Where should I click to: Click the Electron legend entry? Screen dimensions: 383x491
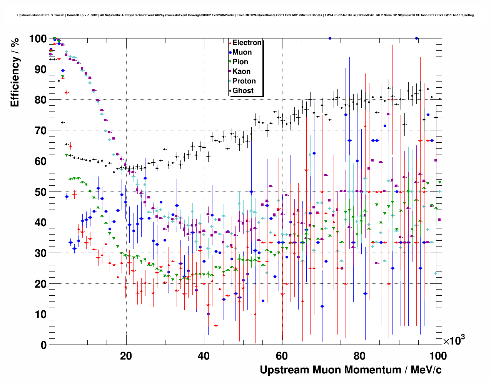point(247,43)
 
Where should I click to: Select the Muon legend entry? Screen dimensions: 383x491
point(242,52)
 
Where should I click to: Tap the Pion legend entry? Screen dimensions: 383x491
point(240,62)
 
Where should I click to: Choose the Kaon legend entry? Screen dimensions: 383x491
point(241,72)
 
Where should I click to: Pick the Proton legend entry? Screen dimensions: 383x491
point(244,81)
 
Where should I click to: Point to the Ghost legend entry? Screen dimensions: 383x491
point(243,91)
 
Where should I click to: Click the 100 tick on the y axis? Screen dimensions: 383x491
point(38,39)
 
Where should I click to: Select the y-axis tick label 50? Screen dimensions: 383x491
point(40,192)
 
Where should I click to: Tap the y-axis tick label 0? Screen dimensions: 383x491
point(43,345)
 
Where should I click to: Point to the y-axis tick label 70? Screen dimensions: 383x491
point(40,131)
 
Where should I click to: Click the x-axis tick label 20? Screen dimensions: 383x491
point(126,356)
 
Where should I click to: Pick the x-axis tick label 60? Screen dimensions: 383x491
point(282,356)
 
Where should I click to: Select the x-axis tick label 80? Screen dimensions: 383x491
point(360,356)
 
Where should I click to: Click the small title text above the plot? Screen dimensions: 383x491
point(245,15)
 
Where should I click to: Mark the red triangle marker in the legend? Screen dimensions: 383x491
point(230,43)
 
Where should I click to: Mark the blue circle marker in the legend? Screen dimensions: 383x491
point(230,53)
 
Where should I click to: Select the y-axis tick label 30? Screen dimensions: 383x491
point(40,253)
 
